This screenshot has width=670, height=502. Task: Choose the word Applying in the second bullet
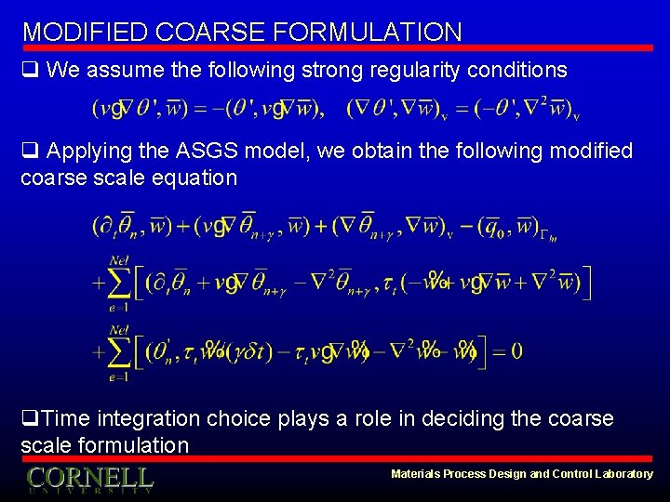(86, 151)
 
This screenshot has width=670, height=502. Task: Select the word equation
(191, 177)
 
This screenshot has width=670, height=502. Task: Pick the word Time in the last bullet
(63, 419)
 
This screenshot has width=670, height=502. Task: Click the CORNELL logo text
(89, 478)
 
